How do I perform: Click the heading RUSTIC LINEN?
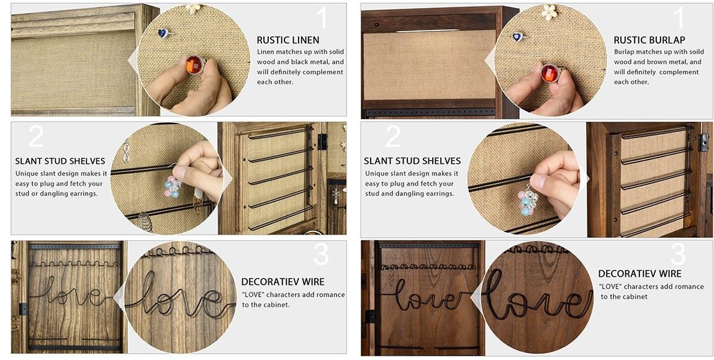[288, 40]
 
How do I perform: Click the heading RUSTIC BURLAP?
[649, 40]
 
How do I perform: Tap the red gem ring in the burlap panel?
[551, 73]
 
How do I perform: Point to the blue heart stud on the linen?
[163, 33]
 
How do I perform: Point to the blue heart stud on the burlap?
[518, 37]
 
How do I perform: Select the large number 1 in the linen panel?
[322, 18]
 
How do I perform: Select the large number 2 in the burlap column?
[393, 136]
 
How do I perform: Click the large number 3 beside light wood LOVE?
[321, 254]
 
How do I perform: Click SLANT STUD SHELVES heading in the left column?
[60, 161]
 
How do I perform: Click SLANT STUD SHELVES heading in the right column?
[412, 161]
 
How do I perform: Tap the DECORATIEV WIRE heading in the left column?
[282, 282]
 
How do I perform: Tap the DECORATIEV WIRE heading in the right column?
[639, 274]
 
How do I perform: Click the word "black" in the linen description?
[302, 62]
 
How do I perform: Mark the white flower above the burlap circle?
[549, 11]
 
